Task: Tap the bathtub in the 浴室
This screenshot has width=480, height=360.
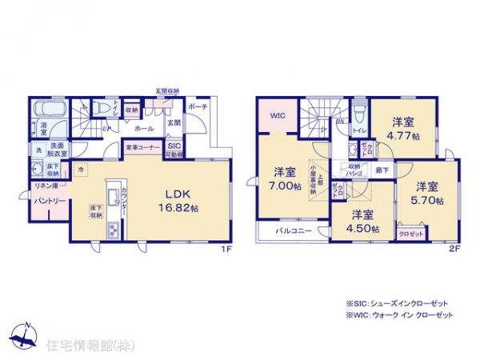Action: pos(45,108)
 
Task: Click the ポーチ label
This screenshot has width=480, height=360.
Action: pos(200,106)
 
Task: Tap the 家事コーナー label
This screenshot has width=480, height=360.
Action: pos(143,148)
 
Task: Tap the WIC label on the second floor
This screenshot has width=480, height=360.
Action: pos(278,115)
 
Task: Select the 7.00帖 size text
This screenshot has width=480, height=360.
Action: pos(286,186)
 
